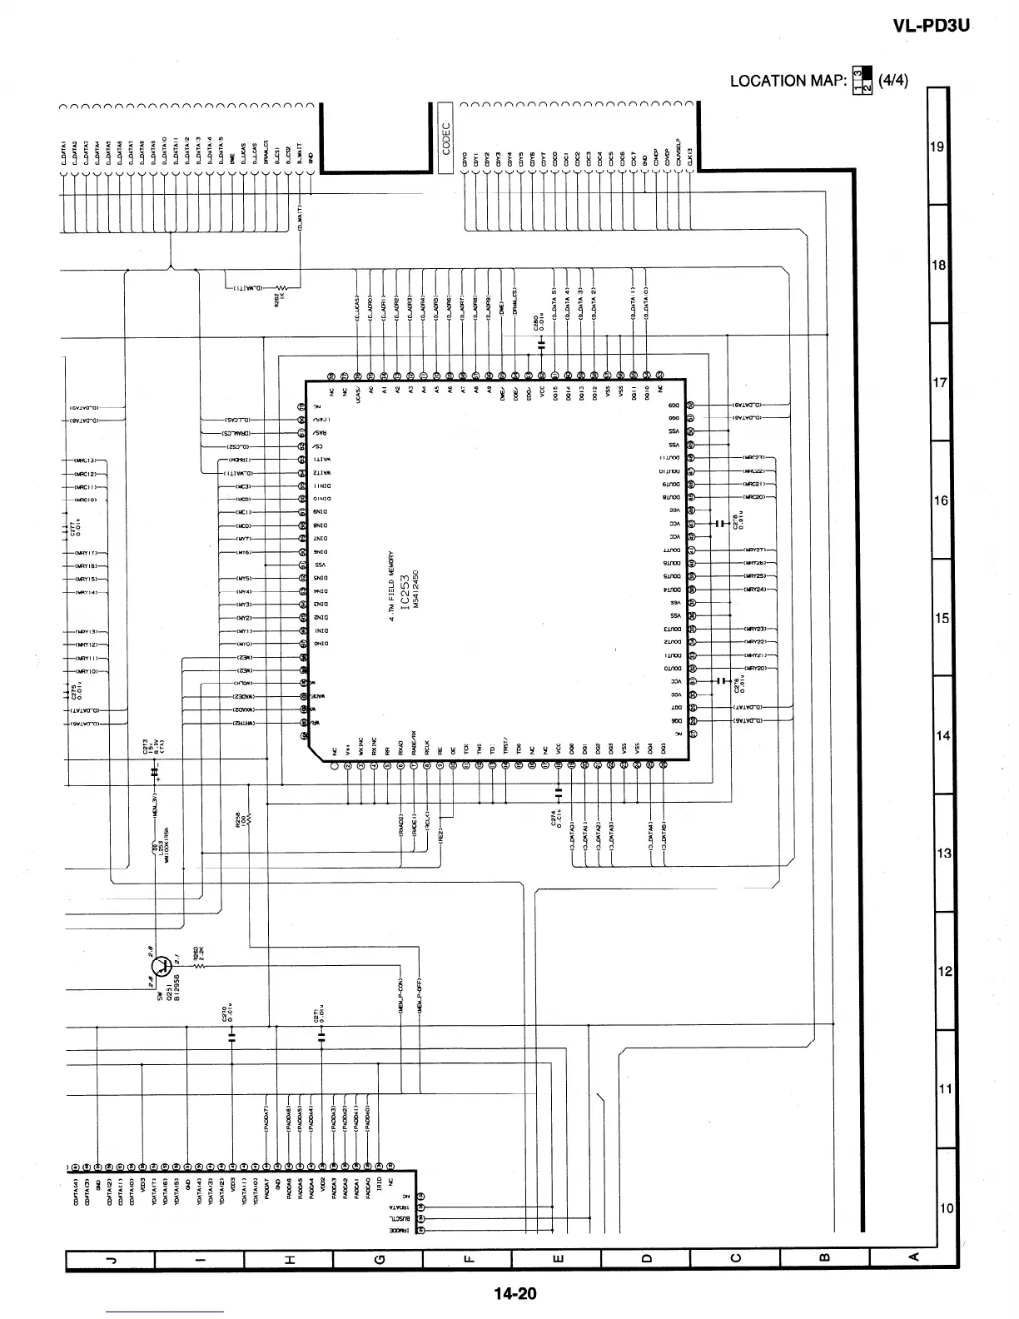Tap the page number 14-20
(x=515, y=1293)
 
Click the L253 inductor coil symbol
(x=156, y=848)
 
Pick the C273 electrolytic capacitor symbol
(x=156, y=773)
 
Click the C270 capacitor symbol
(x=232, y=1037)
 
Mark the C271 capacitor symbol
(x=321, y=1037)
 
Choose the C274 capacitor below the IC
(x=559, y=788)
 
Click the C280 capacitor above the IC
(x=541, y=342)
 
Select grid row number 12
(x=944, y=972)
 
